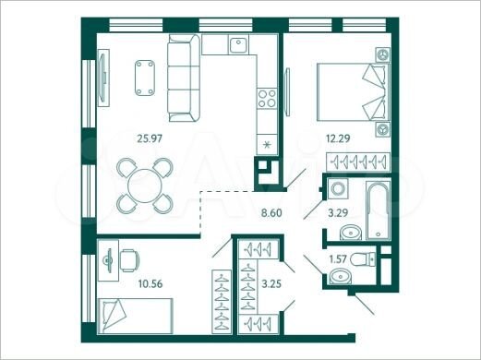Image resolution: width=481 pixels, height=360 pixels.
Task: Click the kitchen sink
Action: pos(238,44)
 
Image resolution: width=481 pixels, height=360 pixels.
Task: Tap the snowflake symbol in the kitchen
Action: pos(268,145)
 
